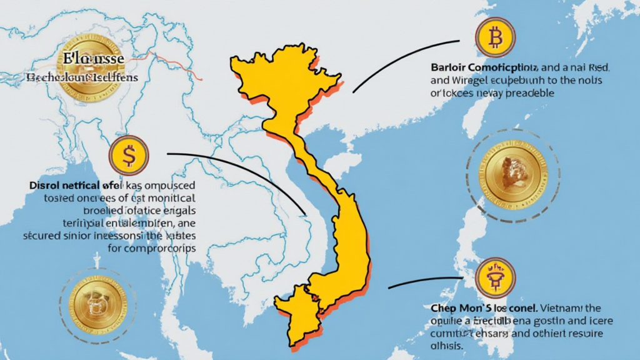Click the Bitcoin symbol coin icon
[496, 38]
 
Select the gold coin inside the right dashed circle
[507, 175]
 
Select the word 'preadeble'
[530, 92]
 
